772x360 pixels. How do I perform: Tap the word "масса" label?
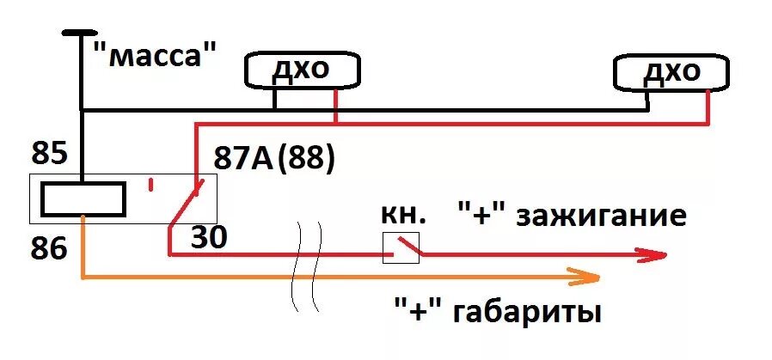click(x=152, y=57)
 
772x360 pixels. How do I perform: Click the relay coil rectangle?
click(x=84, y=198)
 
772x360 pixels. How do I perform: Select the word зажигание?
click(x=602, y=215)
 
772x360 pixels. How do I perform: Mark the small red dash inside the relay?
click(x=152, y=184)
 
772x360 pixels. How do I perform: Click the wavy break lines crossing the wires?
click(x=308, y=266)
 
